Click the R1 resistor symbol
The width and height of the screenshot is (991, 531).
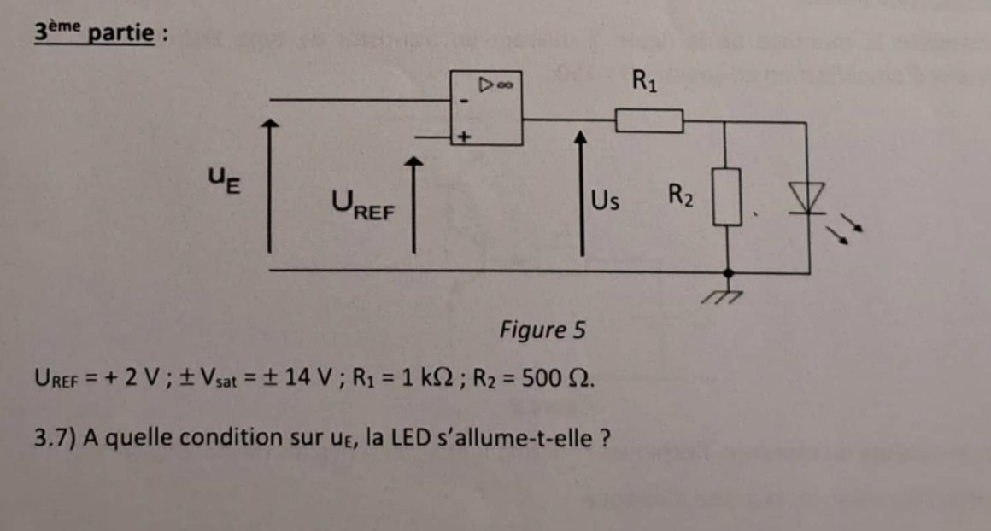tap(649, 121)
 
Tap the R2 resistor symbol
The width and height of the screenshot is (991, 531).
tap(726, 196)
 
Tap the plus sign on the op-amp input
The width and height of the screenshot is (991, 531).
tap(465, 135)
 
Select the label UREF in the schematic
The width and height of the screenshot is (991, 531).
tap(362, 205)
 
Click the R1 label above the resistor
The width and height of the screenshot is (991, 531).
tap(645, 82)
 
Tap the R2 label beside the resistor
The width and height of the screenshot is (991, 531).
tap(680, 196)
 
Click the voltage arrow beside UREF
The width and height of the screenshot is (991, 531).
tap(413, 205)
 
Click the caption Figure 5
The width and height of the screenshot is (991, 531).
tap(542, 330)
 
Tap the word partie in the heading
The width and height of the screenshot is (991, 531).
tap(122, 34)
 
